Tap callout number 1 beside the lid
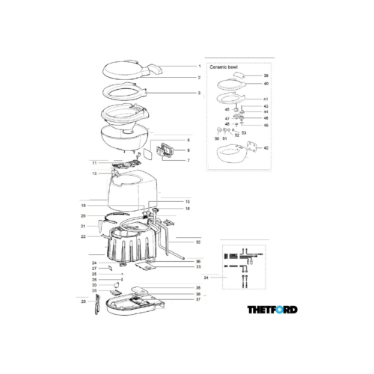point(199,67)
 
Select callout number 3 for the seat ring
point(199,93)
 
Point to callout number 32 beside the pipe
point(198,242)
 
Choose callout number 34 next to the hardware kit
point(206,278)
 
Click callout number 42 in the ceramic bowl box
point(266,149)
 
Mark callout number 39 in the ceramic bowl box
point(266,76)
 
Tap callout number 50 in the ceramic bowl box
point(217,138)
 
